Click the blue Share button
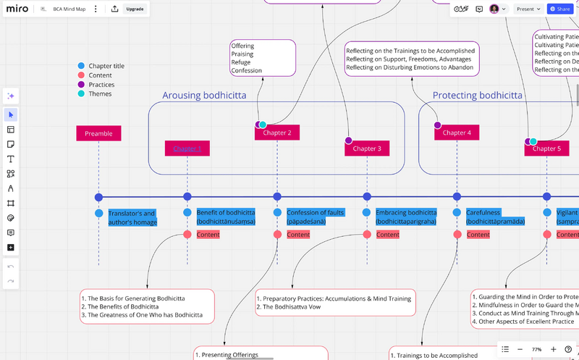tap(560, 9)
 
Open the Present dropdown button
tap(528, 9)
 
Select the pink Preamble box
tap(98, 133)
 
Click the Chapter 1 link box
tap(187, 148)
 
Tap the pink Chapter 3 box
tap(367, 148)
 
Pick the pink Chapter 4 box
tap(457, 133)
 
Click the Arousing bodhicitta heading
tap(204, 95)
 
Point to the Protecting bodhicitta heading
tap(477, 95)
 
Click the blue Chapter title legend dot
tap(81, 66)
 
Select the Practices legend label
tap(101, 85)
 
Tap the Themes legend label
tap(100, 94)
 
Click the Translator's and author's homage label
tap(132, 217)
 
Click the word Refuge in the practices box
tap(242, 62)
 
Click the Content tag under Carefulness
tap(478, 235)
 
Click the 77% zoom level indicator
tap(536, 349)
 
